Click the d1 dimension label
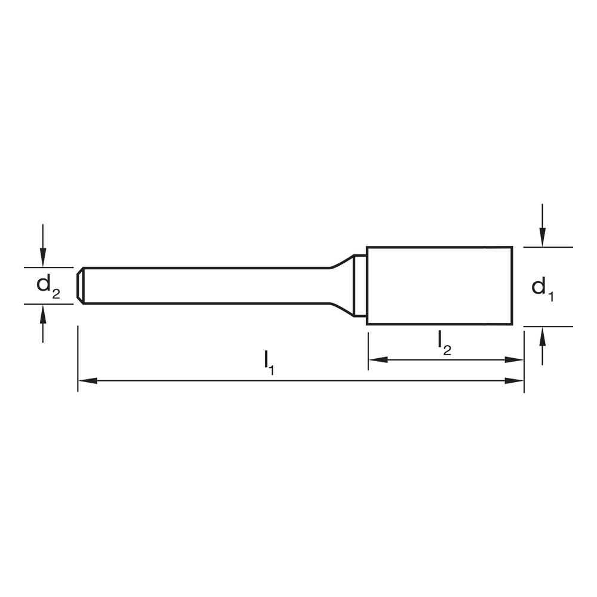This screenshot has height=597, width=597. click(542, 289)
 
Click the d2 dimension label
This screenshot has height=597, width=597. click(48, 287)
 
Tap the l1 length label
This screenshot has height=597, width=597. click(269, 362)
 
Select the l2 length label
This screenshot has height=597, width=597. click(444, 343)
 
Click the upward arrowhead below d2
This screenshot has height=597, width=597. click(43, 314)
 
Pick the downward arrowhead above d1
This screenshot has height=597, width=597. click(543, 237)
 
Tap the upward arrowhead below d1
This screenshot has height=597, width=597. click(543, 336)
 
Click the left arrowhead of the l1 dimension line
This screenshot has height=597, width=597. click(88, 380)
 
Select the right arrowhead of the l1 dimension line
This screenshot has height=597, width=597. click(515, 380)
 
